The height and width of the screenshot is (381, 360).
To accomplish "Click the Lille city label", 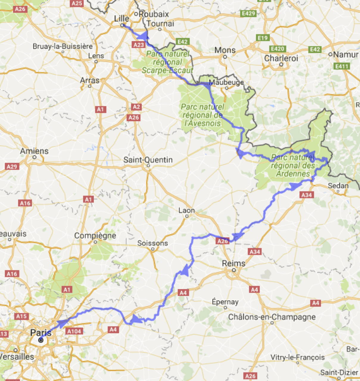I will (x=121, y=18).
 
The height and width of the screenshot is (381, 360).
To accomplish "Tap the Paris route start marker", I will (x=41, y=340).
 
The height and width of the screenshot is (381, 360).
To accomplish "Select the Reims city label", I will (x=234, y=263).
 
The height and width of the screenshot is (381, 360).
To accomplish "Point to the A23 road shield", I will (x=139, y=45).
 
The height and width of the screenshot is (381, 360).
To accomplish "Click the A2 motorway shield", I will (x=136, y=107).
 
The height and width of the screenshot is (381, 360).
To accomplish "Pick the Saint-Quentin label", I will (x=148, y=160).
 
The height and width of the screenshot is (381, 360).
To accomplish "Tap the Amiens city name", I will (x=34, y=151).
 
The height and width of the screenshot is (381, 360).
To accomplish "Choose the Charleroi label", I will (x=281, y=58).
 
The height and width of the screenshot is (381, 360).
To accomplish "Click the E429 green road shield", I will (x=248, y=13).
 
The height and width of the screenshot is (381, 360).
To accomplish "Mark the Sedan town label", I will (x=338, y=186).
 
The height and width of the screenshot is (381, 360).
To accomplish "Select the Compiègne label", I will (x=95, y=236).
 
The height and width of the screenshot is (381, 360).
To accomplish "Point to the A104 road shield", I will (x=74, y=331).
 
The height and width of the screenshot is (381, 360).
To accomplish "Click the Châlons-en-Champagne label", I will (x=272, y=317).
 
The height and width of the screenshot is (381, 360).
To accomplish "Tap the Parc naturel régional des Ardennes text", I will (x=293, y=165).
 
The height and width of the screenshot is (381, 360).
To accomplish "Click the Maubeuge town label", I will (x=226, y=82).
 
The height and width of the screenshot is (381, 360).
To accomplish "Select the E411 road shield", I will (x=342, y=66).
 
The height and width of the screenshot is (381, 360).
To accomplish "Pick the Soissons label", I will (x=152, y=243).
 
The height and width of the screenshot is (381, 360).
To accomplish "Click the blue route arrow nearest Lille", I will (x=143, y=36).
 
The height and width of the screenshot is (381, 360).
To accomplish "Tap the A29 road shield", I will (x=12, y=166).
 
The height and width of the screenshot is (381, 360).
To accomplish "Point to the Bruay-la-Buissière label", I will (x=63, y=46).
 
